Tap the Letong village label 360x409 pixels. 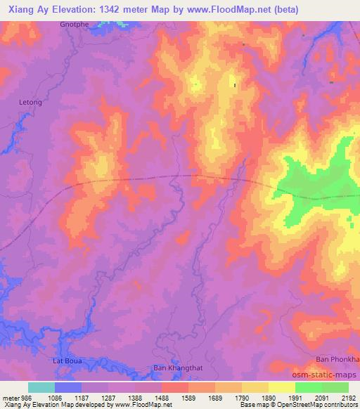(30, 103)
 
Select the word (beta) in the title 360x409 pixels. (286, 10)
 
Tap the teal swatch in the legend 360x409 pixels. (41, 387)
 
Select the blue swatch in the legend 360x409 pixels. (68, 387)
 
